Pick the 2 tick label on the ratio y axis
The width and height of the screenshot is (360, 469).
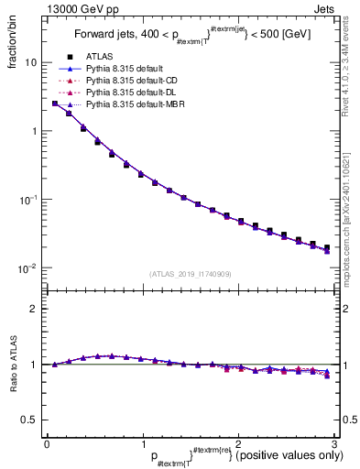pos(35,309)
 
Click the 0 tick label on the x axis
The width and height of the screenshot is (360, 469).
pos(47,443)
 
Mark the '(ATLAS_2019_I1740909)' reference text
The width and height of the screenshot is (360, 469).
pos(190,274)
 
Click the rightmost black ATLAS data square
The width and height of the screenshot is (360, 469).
pos(327,248)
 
